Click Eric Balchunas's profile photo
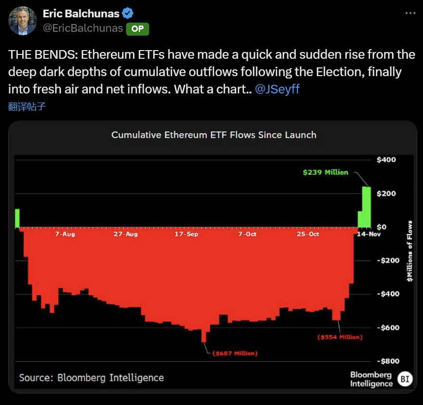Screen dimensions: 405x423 click(x=23, y=21)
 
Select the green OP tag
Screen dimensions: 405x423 click(x=138, y=29)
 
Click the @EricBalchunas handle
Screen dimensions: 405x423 click(x=83, y=28)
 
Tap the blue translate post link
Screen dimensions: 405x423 click(x=27, y=106)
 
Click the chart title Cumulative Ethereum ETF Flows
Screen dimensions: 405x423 click(x=214, y=135)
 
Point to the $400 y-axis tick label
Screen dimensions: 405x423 click(x=385, y=159)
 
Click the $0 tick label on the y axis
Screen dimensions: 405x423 click(x=382, y=227)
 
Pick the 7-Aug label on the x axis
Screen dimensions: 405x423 click(x=65, y=234)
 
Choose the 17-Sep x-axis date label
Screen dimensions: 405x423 click(x=186, y=234)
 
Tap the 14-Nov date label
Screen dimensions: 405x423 click(x=369, y=234)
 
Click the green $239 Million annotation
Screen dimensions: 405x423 click(x=325, y=172)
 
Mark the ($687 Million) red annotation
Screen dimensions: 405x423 click(x=235, y=353)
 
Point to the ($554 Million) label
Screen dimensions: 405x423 click(x=340, y=337)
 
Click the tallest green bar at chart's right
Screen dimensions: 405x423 click(x=366, y=207)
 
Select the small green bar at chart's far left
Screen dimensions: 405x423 click(x=17, y=218)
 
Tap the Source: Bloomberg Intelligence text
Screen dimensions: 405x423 click(x=91, y=378)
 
